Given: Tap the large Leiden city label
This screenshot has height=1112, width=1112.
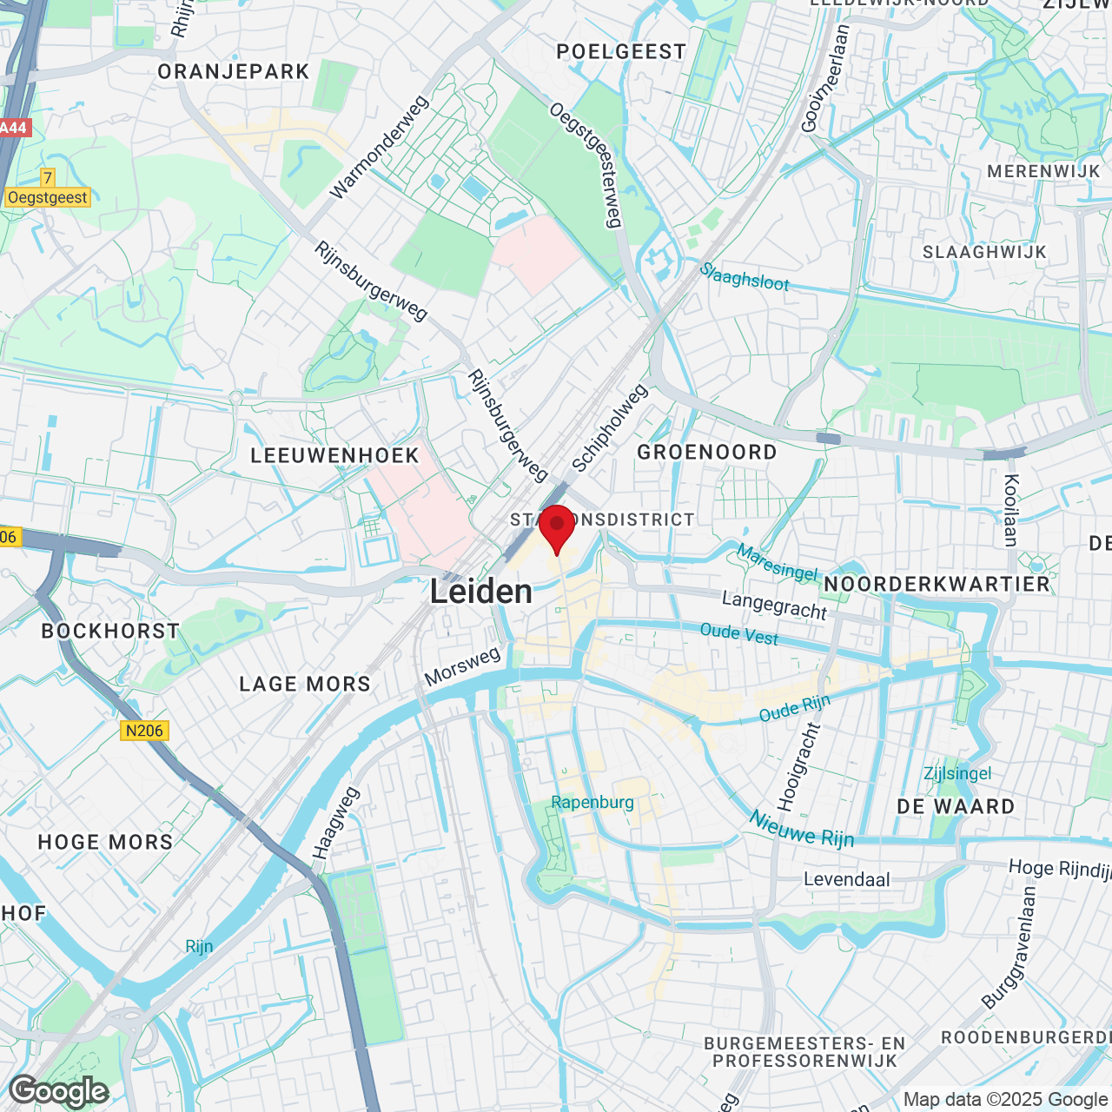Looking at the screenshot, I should (x=481, y=592).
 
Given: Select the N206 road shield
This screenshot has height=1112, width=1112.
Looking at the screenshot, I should (x=144, y=731).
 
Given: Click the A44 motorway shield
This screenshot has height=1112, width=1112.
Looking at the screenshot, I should (x=13, y=128).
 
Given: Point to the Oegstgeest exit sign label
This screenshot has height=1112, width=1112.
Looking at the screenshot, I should (x=48, y=197).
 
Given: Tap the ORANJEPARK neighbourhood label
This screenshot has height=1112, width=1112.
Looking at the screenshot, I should (x=234, y=72).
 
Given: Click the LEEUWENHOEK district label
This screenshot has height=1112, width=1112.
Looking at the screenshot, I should (x=334, y=455).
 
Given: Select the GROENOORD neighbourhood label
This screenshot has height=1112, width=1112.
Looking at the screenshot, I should (x=707, y=452).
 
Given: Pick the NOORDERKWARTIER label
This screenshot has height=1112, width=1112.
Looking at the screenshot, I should (x=937, y=584).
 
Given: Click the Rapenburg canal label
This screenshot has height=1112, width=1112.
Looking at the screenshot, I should (x=592, y=802).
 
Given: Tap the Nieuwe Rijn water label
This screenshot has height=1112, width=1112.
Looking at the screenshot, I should (x=802, y=829).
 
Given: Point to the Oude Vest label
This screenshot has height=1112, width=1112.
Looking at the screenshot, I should (x=739, y=633).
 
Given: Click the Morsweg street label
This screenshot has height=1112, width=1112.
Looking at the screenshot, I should (x=462, y=666).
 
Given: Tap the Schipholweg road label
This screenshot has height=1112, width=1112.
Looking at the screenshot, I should (x=610, y=428).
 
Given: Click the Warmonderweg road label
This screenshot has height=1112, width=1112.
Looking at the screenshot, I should (x=380, y=147).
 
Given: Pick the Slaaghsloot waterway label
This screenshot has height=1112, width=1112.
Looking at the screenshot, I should (x=745, y=276).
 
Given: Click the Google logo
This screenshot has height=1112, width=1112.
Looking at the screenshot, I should (x=58, y=1091).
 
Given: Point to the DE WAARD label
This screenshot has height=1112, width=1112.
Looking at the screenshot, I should (x=956, y=807).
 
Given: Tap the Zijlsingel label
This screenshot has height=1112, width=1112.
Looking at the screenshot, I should (x=957, y=773).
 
